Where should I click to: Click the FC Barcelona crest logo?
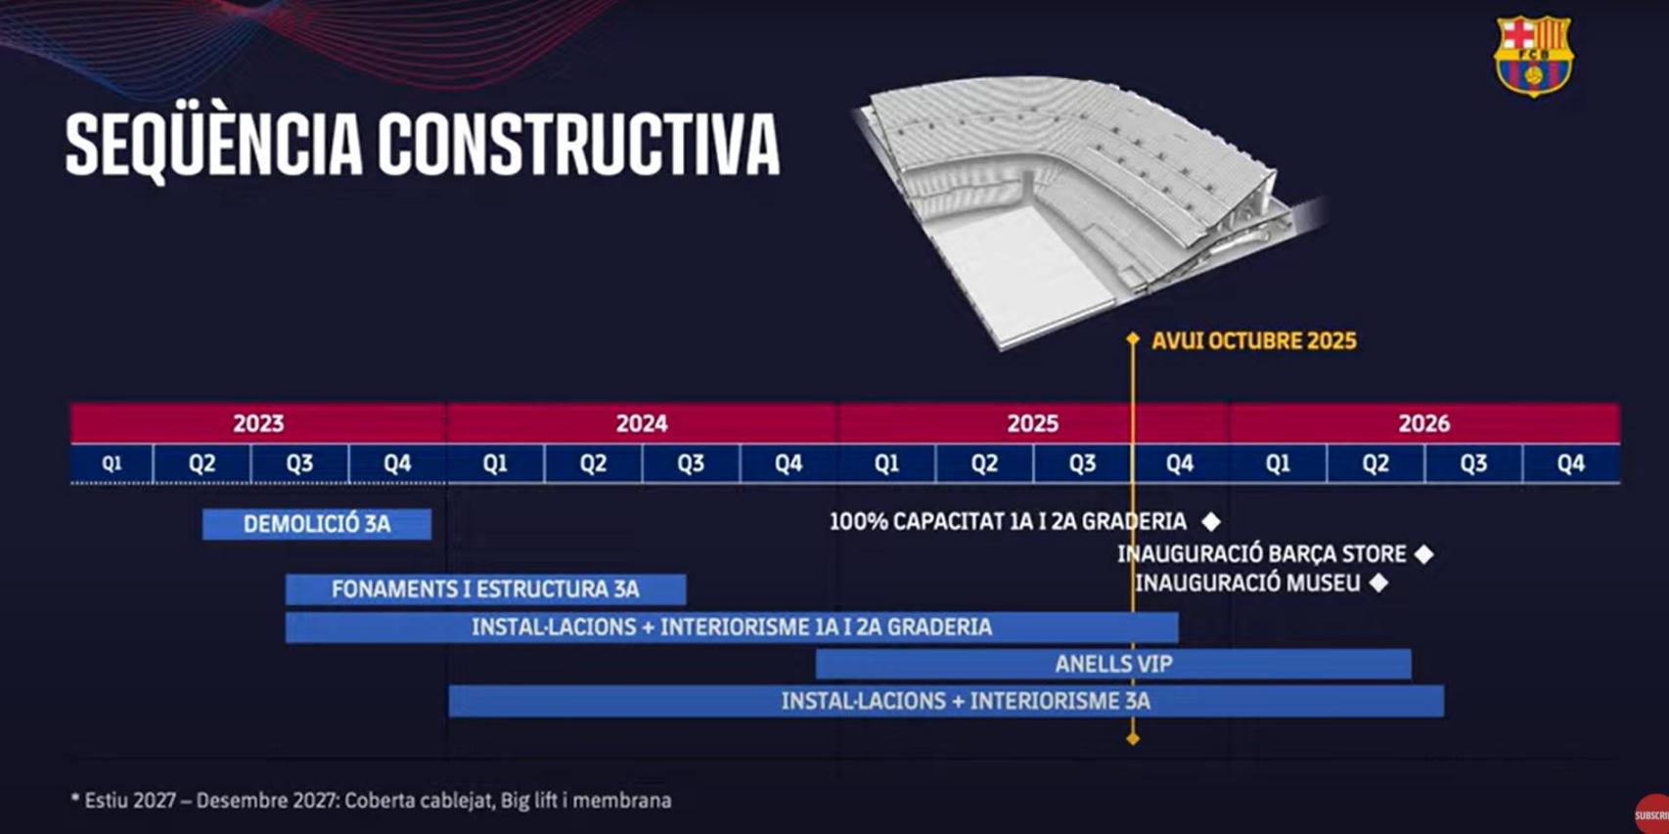pos(1532,56)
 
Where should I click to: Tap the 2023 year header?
pos(258,423)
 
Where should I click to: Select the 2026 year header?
pos(1423,423)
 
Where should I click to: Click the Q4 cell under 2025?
pos(1180,463)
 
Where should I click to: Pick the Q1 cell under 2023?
pos(112,463)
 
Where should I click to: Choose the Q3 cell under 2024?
pos(691,463)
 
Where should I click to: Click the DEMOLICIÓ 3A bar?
pos(316,524)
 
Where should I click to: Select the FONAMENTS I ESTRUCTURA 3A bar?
pos(485,590)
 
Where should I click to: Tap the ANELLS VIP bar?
pos(1113,665)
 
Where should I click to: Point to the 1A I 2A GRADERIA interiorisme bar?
pos(731,628)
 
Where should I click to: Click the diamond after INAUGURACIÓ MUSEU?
pos(1378,583)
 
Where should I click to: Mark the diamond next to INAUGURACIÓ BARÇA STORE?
pos(1424,554)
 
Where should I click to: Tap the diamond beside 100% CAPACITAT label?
pos(1211,521)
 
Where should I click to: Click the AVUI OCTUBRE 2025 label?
pos(1253,341)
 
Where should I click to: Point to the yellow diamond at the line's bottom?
pos(1133,739)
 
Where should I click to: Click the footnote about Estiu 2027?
pos(371,801)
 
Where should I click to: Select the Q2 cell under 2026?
pos(1376,463)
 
